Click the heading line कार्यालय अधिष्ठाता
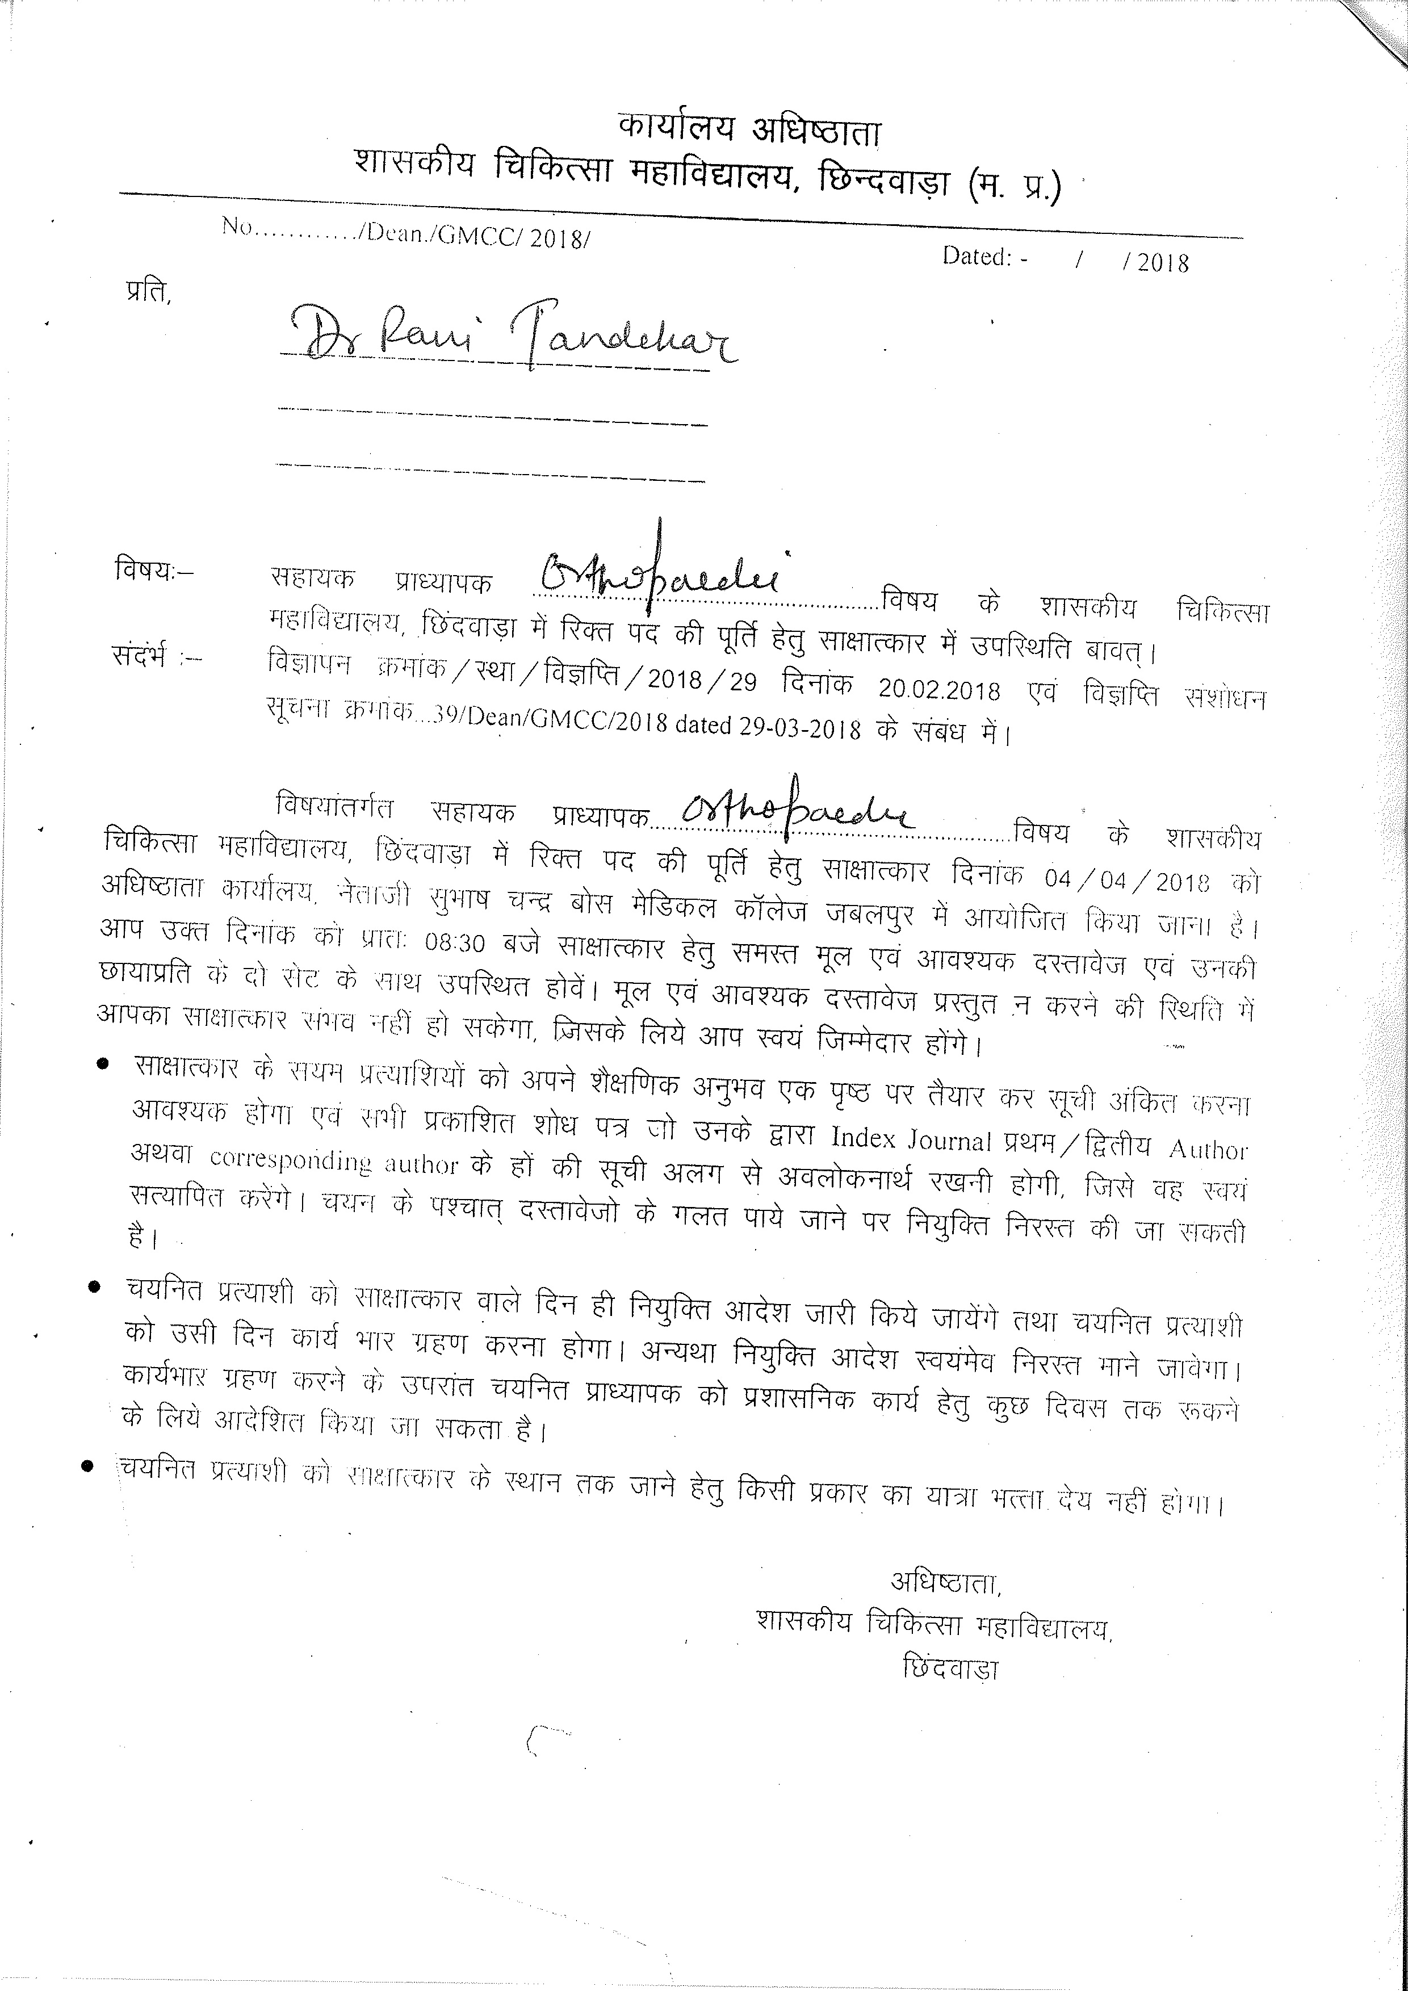[750, 130]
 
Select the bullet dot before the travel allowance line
[87, 1465]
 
